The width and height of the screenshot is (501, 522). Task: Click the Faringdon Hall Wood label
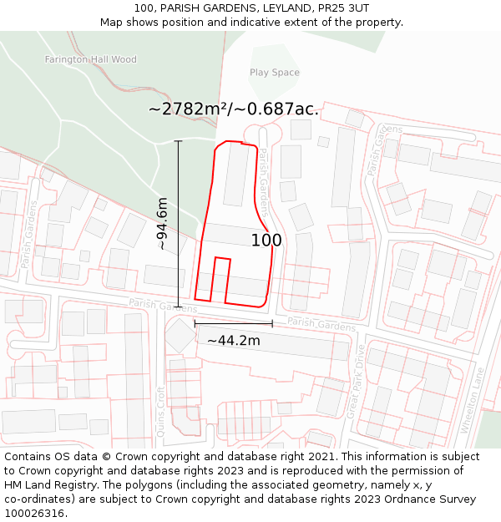click(x=90, y=59)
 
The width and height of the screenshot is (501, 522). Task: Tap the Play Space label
click(x=274, y=73)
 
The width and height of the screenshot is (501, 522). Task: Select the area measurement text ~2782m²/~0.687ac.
click(x=234, y=109)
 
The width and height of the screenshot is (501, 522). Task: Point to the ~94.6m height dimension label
click(x=162, y=224)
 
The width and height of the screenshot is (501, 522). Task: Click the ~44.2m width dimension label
click(x=233, y=340)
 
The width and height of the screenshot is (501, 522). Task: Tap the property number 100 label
click(x=266, y=241)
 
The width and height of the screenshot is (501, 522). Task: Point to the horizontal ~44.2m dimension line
click(x=233, y=323)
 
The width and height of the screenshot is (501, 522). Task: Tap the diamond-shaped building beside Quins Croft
click(x=180, y=336)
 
